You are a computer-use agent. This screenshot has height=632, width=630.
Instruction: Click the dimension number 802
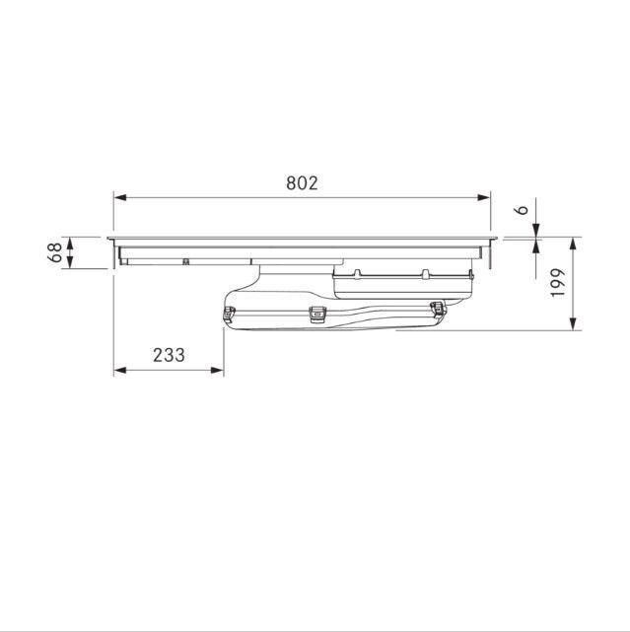coord(302,182)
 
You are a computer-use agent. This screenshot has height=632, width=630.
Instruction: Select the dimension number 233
coord(169,355)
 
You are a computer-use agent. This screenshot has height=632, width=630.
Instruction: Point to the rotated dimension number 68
coord(56,252)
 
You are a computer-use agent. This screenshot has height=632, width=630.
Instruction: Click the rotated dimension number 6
coord(525,209)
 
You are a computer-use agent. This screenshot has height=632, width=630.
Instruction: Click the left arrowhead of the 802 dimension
coord(119,197)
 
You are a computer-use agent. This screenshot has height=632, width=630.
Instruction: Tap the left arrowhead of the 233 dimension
coord(119,371)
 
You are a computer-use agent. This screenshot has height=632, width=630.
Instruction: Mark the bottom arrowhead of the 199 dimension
coord(575,324)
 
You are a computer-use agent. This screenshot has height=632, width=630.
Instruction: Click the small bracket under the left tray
coord(185,261)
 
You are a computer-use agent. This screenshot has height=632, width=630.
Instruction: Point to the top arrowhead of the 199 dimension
coord(575,243)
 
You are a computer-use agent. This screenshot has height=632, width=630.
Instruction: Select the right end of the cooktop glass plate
coord(496,239)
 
